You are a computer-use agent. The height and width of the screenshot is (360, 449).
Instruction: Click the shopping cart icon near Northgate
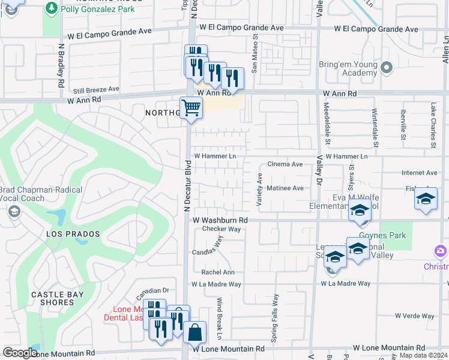(x=191, y=109)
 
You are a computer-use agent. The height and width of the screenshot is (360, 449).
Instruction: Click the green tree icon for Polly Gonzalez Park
(x=52, y=8)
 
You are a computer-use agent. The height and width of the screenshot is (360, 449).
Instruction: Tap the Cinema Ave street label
(x=285, y=164)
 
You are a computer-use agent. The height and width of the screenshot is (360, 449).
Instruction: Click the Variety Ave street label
(x=260, y=191)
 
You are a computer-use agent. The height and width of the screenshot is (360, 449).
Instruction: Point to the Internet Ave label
(x=420, y=173)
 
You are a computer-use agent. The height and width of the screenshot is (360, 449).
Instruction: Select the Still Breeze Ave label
(x=96, y=89)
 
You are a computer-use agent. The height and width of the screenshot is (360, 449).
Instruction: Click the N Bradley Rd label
(x=61, y=69)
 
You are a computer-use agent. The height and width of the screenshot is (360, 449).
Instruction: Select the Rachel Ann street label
(x=218, y=272)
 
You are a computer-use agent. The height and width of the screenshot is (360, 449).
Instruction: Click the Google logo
(x=20, y=353)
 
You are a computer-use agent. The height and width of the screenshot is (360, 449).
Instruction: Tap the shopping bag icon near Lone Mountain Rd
(x=194, y=332)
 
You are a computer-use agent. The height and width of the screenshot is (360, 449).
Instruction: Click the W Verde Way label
(x=414, y=316)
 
